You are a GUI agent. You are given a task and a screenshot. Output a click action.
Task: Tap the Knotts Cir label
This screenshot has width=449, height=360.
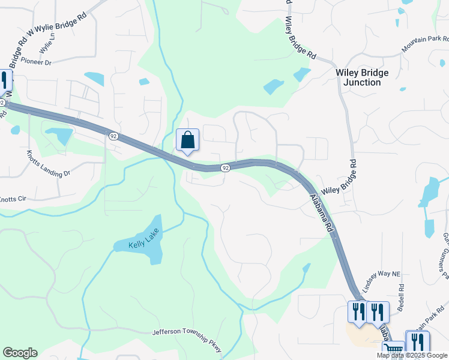pos(12,199)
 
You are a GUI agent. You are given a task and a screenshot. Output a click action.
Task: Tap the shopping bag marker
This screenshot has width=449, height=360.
pos(187,140)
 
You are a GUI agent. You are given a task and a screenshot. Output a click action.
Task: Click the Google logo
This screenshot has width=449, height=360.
pos(20,353)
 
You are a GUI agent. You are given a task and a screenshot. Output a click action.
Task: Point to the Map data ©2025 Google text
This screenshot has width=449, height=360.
pos(412,355)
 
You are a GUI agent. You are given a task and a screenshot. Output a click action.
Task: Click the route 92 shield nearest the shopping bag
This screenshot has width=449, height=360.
pos(224,168)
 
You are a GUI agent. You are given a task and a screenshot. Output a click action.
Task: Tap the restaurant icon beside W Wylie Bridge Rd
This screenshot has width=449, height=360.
pos(4,80)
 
